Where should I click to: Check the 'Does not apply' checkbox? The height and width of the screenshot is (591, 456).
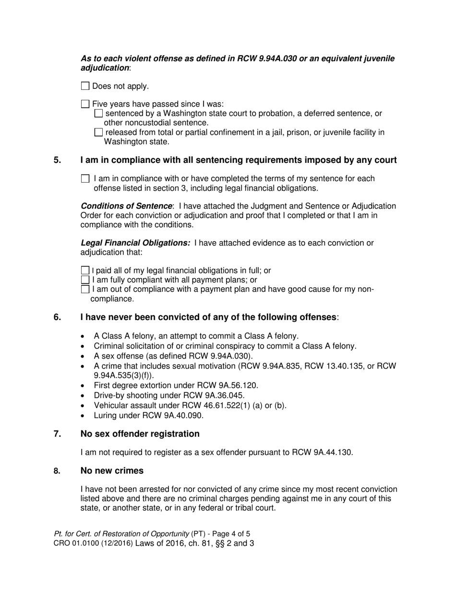coord(85,86)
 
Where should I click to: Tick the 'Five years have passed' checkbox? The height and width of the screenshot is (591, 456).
coord(85,104)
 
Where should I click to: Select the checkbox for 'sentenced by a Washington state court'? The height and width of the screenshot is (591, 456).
coord(98,113)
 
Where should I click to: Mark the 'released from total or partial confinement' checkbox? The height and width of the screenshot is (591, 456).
coord(98,132)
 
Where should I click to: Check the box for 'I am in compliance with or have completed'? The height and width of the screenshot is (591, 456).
coord(85,179)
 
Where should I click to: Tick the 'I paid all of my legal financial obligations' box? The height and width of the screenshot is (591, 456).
coord(85,271)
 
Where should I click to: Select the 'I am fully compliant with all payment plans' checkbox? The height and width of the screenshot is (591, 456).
coord(85,280)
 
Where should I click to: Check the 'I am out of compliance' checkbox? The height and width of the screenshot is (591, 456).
coord(85,289)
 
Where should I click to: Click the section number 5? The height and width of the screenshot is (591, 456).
coord(57,160)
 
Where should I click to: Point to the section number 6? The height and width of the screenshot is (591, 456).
coord(57,317)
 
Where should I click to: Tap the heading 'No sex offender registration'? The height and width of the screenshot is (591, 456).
coord(140,434)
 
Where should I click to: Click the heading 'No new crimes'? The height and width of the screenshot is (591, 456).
coord(112,471)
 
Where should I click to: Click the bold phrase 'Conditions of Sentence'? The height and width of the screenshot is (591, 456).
coord(126,206)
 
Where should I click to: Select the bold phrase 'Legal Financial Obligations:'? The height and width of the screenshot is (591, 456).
coord(135,243)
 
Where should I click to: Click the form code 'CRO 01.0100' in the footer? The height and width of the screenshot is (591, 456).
coord(75,544)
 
